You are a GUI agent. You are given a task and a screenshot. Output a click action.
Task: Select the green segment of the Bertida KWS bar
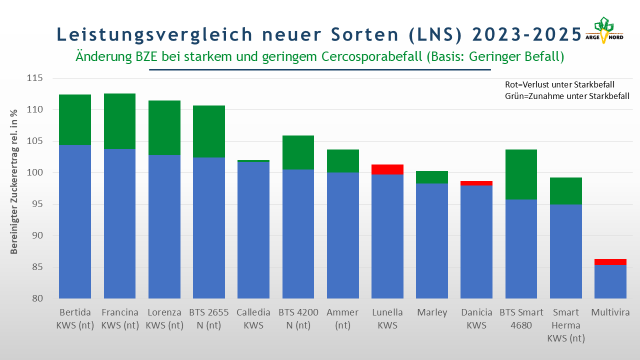[75, 119]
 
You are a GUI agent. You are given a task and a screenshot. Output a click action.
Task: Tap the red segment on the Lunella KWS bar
[387, 169]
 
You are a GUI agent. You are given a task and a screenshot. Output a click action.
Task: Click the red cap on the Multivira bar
[610, 262]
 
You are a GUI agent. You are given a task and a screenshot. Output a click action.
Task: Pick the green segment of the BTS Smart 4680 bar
[521, 174]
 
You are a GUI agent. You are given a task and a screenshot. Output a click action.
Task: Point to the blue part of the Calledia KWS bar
[253, 230]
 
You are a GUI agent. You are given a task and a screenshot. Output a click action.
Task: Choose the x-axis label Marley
[432, 312]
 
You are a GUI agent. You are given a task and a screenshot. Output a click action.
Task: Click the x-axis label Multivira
[610, 312]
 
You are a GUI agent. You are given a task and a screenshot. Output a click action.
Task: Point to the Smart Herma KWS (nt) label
[566, 325]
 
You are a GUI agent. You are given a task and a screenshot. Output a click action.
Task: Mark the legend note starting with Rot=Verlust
[559, 84]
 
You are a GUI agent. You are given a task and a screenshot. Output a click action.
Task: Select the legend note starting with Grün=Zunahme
[567, 96]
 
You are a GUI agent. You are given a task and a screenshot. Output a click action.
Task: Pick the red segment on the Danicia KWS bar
[477, 183]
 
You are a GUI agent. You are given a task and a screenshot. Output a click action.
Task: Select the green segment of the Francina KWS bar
[119, 121]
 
